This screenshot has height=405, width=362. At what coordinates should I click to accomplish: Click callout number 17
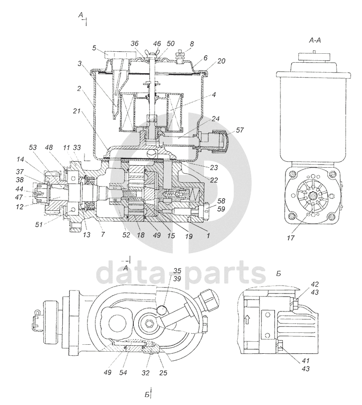290,238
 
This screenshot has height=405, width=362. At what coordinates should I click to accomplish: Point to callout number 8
192,44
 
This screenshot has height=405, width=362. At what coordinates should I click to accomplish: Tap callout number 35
178,271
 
